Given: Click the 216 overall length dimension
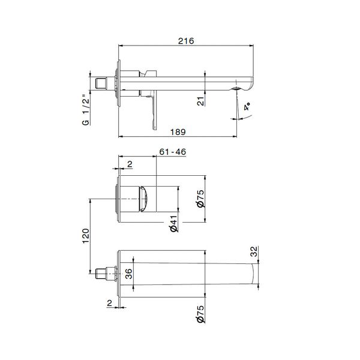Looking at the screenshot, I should tap(186, 41).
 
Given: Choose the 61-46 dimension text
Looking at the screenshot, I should tap(173, 152).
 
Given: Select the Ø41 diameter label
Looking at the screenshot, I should tap(172, 223).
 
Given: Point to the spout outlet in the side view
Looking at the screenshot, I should tap(238, 90).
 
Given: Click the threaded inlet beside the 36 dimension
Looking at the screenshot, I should tap(106, 275).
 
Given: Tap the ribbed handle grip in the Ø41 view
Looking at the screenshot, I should tap(144, 199).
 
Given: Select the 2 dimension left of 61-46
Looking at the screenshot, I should tap(128, 163).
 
